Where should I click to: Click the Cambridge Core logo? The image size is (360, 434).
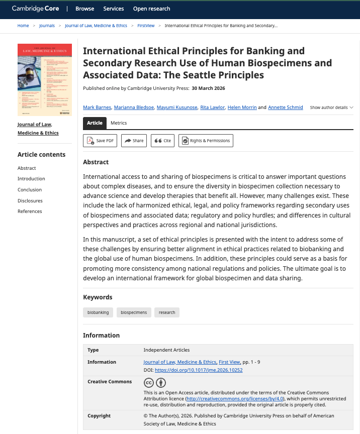pyautogui.click(x=35, y=9)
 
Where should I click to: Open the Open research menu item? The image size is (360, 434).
pyautogui.click(x=151, y=9)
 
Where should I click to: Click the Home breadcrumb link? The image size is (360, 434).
pyautogui.click(x=23, y=25)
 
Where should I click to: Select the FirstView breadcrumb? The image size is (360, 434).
pyautogui.click(x=146, y=25)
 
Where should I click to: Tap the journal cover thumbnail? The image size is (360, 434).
pyautogui.click(x=45, y=80)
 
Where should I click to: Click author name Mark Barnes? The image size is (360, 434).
pyautogui.click(x=98, y=107)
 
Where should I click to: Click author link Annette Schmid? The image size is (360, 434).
pyautogui.click(x=286, y=107)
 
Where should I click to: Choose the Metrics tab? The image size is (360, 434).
pyautogui.click(x=119, y=123)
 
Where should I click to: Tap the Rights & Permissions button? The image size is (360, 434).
pyautogui.click(x=206, y=141)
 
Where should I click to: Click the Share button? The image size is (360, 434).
pyautogui.click(x=133, y=141)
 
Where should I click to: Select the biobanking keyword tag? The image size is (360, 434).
pyautogui.click(x=98, y=312)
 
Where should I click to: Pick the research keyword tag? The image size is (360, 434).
pyautogui.click(x=167, y=312)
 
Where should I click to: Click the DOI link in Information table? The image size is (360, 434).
pyautogui.click(x=199, y=370)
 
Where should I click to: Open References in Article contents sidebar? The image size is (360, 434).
pyautogui.click(x=30, y=211)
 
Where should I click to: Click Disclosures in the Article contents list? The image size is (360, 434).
pyautogui.click(x=30, y=200)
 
